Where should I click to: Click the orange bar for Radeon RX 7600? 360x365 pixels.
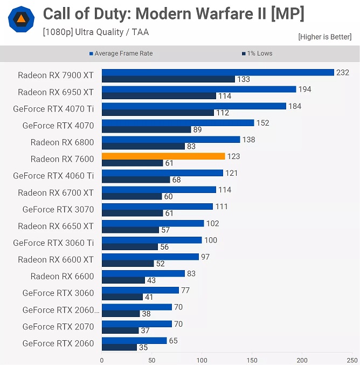click(163, 156)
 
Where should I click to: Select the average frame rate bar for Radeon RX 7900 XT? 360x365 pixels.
click(218, 72)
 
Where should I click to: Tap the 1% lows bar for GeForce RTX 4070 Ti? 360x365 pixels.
click(158, 113)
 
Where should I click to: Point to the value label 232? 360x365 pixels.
click(343, 72)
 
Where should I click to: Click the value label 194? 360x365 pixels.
click(305, 89)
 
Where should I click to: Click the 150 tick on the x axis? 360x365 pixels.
click(252, 360)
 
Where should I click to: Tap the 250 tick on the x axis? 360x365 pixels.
click(352, 360)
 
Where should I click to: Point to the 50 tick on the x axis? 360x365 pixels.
click(152, 360)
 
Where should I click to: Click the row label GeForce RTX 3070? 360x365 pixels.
click(58, 209)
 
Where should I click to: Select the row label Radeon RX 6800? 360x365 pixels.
click(62, 142)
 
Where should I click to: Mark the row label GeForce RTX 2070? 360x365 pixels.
click(58, 326)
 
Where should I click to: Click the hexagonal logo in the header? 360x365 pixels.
click(20, 20)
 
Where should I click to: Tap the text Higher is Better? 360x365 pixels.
click(324, 37)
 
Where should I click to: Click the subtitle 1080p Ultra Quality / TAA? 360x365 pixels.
click(96, 32)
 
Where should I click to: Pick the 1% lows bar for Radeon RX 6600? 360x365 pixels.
click(123, 280)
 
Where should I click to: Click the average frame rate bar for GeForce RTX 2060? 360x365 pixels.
click(134, 341)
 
